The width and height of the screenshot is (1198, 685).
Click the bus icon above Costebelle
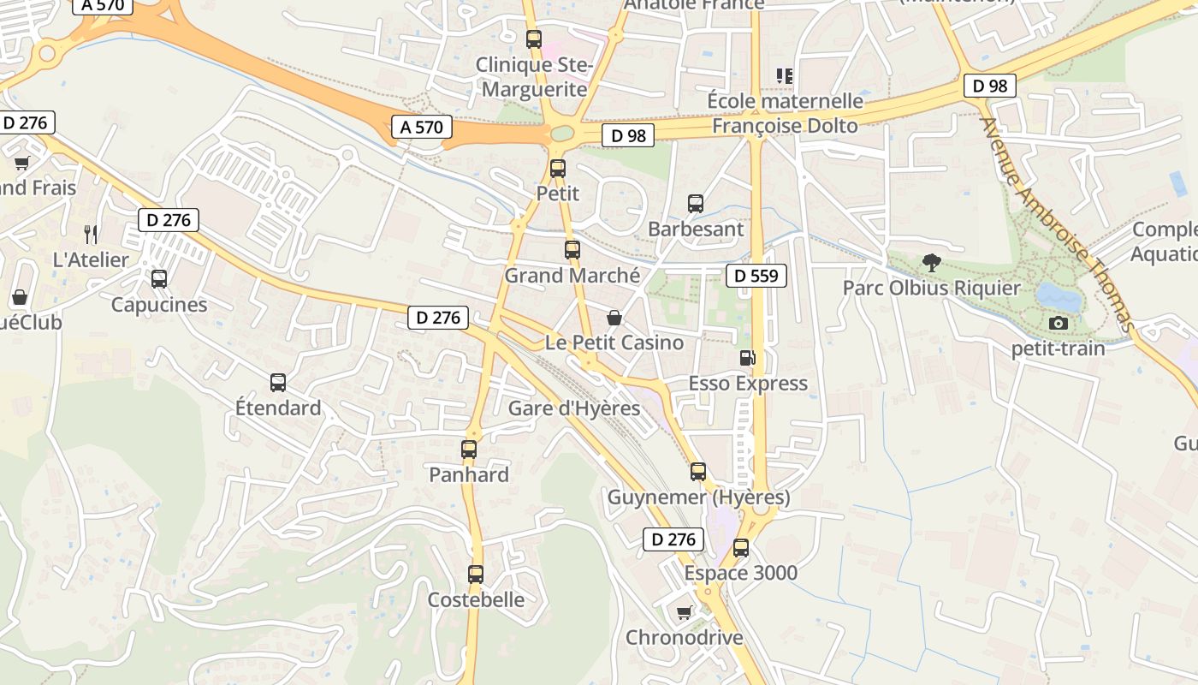[x=476, y=575]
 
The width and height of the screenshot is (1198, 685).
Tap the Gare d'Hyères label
[x=574, y=408]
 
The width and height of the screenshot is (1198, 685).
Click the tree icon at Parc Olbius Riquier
[x=931, y=263]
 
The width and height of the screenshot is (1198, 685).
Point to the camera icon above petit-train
[x=1059, y=323]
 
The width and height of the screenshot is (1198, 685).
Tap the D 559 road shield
[x=756, y=276]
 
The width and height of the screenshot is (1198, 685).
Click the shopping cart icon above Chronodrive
[x=684, y=612]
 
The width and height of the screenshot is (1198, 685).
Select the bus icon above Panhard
[x=469, y=450]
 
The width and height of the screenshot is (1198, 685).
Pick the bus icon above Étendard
[x=278, y=383]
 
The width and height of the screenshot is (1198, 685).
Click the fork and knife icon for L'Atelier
[x=91, y=234]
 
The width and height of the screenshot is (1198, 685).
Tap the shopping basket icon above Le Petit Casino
[x=614, y=318]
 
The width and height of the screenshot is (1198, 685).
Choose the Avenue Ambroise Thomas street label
[x=1058, y=224]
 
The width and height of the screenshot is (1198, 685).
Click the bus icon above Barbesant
[x=696, y=204]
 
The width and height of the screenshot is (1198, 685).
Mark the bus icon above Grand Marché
[x=572, y=250]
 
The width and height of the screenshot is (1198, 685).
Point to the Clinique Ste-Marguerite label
[x=534, y=76]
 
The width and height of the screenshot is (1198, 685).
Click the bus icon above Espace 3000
[x=741, y=548]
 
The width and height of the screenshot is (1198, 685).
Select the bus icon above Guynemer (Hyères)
[x=698, y=472]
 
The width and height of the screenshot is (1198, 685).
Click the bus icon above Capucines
[x=159, y=279]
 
